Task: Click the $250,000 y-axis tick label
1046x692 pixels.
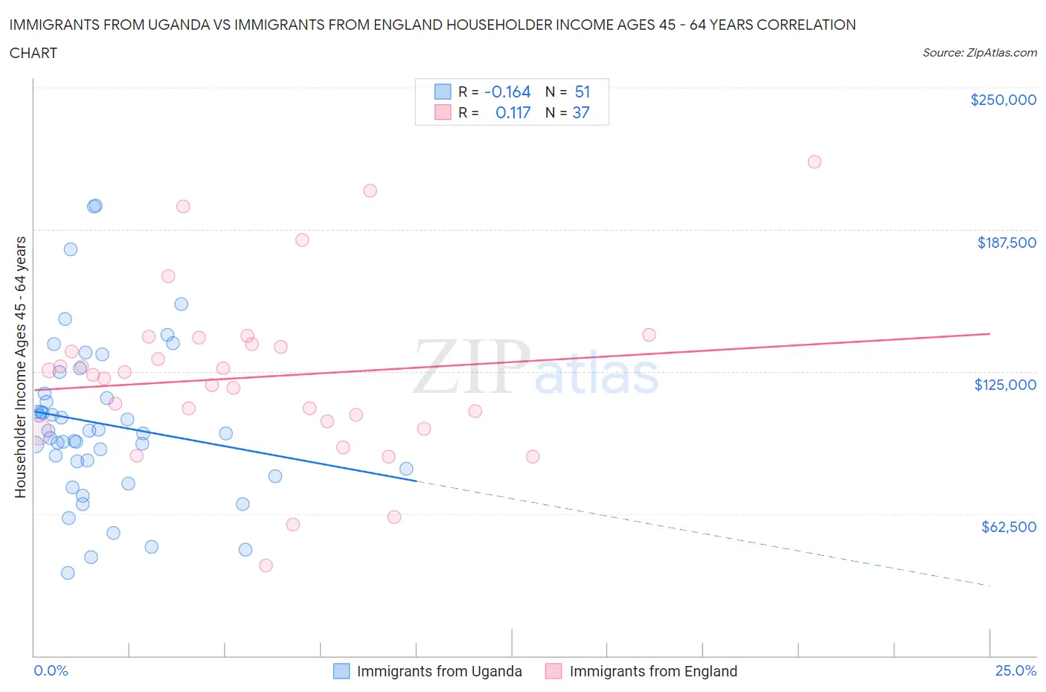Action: click(1003, 100)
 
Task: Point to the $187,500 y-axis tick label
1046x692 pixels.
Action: click(1006, 243)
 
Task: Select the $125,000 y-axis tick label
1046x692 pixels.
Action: click(1005, 385)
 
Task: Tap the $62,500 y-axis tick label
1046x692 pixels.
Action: click(1008, 527)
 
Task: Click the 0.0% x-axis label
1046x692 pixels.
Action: click(51, 670)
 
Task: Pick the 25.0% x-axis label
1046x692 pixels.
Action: click(1015, 670)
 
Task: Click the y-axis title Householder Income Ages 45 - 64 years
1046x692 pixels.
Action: click(21, 367)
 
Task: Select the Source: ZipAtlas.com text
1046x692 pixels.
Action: click(979, 53)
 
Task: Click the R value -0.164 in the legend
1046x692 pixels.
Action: click(507, 92)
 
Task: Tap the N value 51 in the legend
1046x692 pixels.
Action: click(582, 92)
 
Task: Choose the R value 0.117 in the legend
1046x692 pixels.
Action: click(513, 112)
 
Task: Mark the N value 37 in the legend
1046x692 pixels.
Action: click(580, 112)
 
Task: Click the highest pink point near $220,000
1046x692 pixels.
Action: click(814, 161)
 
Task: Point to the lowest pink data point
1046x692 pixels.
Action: click(266, 566)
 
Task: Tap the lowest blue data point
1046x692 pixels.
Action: click(68, 573)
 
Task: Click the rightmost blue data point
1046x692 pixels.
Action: click(406, 469)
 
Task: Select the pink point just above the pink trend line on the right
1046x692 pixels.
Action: click(649, 335)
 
